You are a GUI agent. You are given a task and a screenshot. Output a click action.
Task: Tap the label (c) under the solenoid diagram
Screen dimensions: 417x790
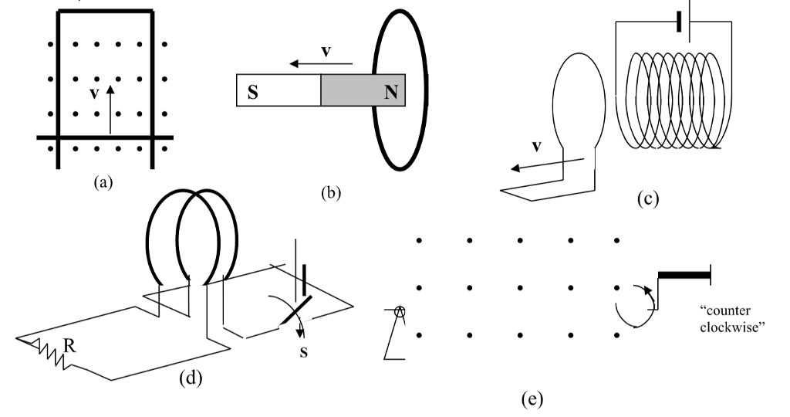point(648,198)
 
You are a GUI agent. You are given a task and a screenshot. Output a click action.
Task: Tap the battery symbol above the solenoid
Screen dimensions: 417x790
point(677,23)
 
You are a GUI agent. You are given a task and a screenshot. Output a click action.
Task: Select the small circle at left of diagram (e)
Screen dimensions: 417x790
point(400,311)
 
